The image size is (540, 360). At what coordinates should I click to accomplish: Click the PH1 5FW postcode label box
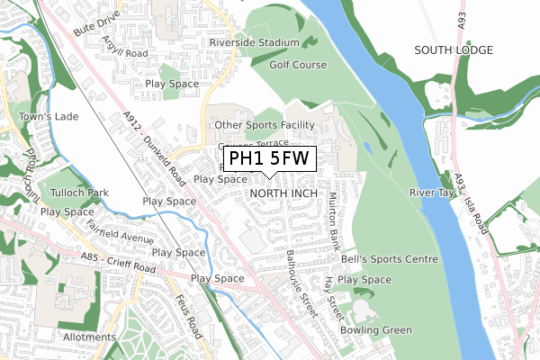click(x=269, y=160)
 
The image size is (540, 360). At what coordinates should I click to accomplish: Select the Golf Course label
click(x=298, y=65)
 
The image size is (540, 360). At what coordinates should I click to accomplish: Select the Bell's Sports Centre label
click(x=389, y=259)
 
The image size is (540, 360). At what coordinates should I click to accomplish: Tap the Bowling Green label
click(x=375, y=330)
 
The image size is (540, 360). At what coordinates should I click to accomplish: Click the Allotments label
click(x=90, y=336)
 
